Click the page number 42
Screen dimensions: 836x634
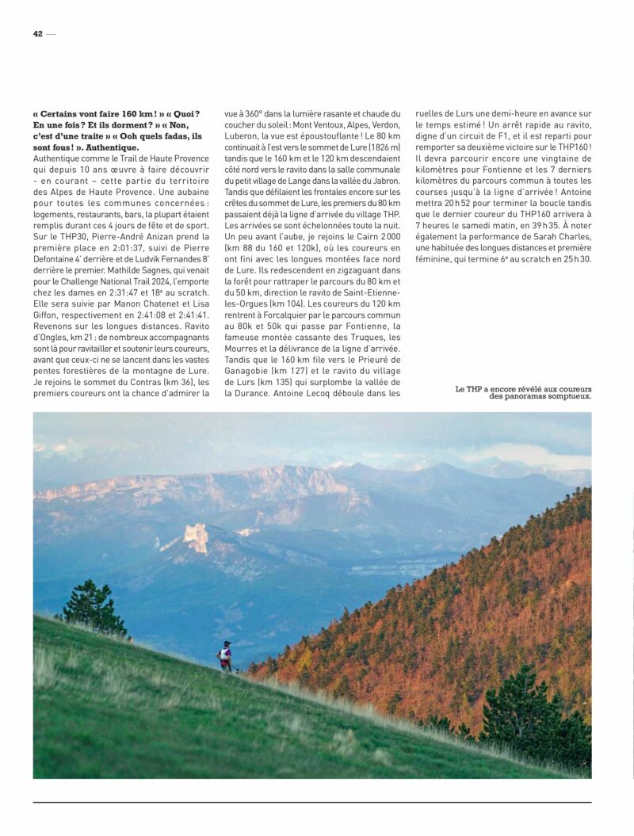(37, 34)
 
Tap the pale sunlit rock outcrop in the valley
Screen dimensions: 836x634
(196, 538)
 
